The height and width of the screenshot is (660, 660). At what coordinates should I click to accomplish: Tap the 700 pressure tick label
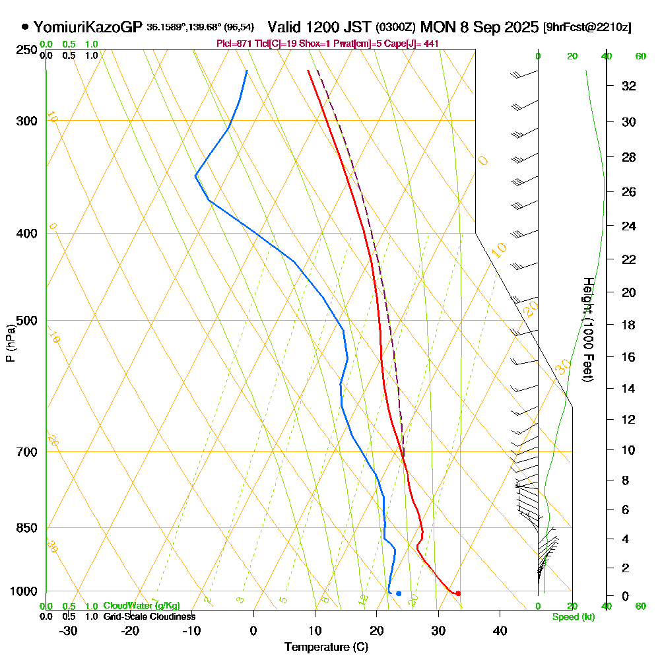(26, 452)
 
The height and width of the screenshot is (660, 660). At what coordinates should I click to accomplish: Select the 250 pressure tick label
(26, 49)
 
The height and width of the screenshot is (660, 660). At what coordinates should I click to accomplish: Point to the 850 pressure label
(26, 528)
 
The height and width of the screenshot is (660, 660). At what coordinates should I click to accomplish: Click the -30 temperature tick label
(68, 630)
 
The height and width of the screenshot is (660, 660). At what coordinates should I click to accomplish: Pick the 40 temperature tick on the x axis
(500, 630)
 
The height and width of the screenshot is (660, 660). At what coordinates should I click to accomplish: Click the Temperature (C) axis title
(326, 647)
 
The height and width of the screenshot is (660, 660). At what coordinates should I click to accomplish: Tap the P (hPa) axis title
(10, 343)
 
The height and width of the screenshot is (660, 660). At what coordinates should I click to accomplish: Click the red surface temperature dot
(457, 593)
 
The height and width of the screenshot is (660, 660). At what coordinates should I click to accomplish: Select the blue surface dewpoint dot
(399, 593)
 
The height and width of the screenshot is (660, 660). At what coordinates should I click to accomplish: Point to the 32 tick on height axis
(629, 86)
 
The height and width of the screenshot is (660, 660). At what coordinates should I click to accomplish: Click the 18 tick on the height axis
(629, 325)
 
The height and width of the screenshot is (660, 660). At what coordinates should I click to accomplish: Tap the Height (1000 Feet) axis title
(588, 330)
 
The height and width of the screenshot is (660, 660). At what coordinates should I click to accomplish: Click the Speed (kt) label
(574, 617)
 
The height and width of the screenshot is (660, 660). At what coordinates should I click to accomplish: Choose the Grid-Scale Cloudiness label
(148, 616)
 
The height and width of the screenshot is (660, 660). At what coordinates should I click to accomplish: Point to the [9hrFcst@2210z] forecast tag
(587, 28)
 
